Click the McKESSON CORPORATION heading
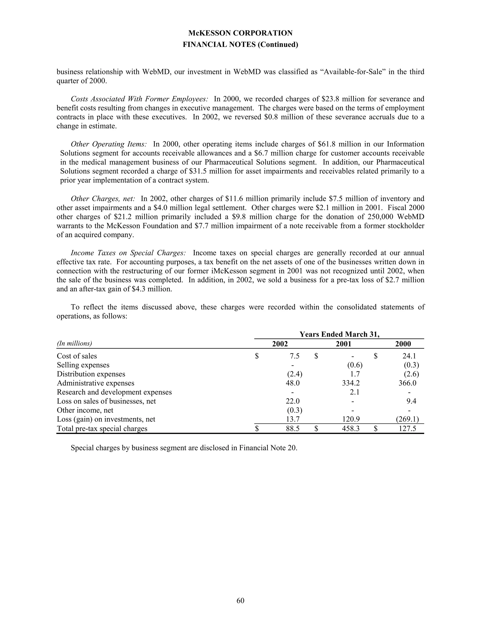[240, 33]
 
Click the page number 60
[240, 601]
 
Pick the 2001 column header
[343, 344]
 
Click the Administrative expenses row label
[95, 383]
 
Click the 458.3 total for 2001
[351, 429]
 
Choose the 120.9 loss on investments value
[351, 419]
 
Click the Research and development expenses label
[114, 392]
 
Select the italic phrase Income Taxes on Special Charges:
[128, 253]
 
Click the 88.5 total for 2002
[293, 429]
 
